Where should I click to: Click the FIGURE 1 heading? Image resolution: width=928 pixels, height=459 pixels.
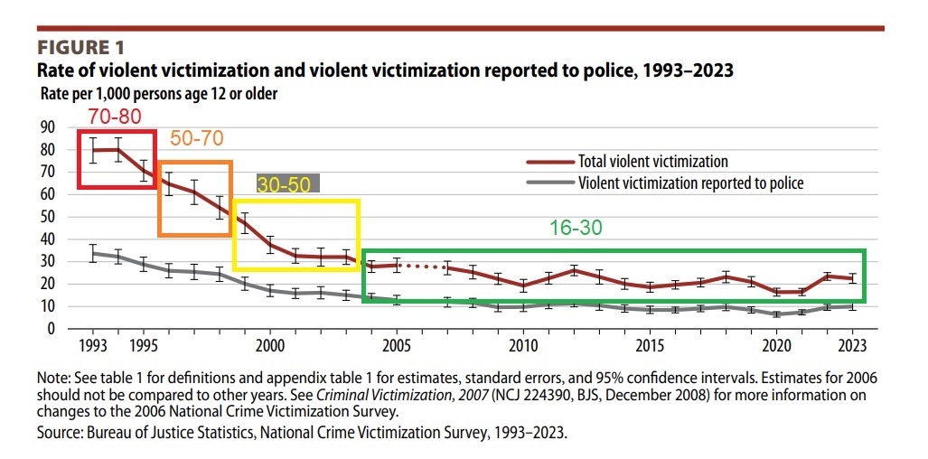tap(80, 47)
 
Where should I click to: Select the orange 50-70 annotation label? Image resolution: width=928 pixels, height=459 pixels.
tap(196, 138)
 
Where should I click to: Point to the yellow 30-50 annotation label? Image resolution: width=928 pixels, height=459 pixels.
tap(284, 184)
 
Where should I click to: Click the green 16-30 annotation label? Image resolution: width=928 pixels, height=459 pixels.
tap(576, 228)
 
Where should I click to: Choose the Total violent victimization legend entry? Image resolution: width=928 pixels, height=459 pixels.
tap(652, 162)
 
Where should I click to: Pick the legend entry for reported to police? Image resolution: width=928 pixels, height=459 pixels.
tap(690, 183)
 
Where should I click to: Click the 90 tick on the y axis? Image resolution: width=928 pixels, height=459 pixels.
tap(47, 127)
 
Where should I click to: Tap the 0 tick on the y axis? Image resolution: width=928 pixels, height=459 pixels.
tap(52, 329)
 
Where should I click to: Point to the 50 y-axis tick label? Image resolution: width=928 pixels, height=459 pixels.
tap(47, 217)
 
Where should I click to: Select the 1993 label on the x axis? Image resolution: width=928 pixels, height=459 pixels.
tap(93, 346)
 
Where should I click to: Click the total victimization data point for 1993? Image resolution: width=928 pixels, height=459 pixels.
tap(93, 150)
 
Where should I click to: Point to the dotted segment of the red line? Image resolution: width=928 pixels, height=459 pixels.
tap(423, 266)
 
